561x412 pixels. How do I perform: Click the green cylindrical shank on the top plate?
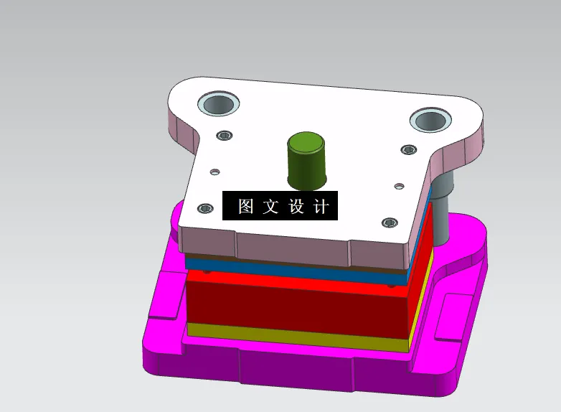tap(306, 164)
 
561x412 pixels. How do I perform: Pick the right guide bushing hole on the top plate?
tap(430, 120)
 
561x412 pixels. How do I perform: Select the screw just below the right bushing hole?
tap(408, 149)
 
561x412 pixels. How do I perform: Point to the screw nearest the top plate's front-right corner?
tap(390, 223)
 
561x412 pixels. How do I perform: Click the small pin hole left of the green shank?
tap(214, 172)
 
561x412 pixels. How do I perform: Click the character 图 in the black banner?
tap(246, 207)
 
